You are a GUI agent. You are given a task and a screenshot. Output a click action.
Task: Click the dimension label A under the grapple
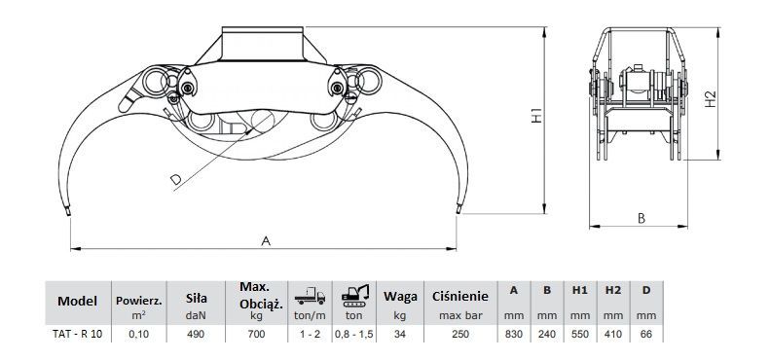(x=266, y=240)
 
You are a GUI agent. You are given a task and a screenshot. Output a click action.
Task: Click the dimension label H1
(x=536, y=116)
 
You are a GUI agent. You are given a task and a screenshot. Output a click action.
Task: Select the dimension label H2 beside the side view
(x=710, y=99)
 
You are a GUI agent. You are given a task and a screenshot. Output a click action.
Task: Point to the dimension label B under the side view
(x=642, y=218)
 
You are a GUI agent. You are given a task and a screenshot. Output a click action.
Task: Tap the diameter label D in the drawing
(x=175, y=180)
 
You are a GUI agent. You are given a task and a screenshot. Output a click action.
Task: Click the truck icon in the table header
(x=310, y=296)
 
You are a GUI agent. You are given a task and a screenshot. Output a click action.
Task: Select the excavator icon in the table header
(x=355, y=295)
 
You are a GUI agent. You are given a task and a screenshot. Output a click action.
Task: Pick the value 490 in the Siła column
(x=196, y=334)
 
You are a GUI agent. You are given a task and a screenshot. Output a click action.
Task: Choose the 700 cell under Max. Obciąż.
(x=256, y=334)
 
